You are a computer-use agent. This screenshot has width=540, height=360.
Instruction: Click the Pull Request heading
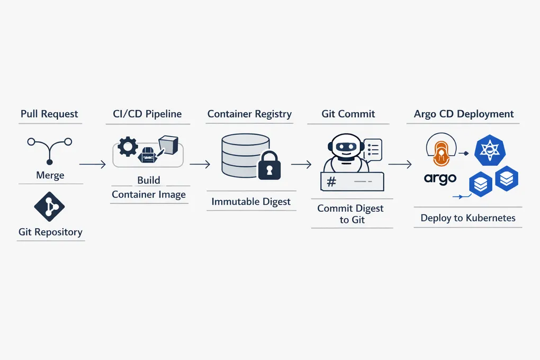pyautogui.click(x=49, y=114)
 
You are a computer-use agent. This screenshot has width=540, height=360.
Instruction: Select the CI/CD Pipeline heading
pyautogui.click(x=147, y=114)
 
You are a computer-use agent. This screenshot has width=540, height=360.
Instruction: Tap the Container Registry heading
pyautogui.click(x=249, y=114)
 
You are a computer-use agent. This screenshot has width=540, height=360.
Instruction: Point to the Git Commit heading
pyautogui.click(x=348, y=114)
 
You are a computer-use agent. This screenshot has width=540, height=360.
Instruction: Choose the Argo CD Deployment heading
pyautogui.click(x=464, y=114)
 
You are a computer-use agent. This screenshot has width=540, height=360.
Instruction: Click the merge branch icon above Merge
pyautogui.click(x=49, y=149)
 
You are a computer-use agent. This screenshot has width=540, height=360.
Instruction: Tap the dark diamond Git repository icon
pyautogui.click(x=49, y=206)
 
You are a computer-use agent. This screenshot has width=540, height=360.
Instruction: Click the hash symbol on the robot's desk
pyautogui.click(x=332, y=182)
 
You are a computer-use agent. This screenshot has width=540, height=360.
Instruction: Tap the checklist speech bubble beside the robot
pyautogui.click(x=373, y=149)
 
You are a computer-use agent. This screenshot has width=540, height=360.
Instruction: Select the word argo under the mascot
pyautogui.click(x=440, y=178)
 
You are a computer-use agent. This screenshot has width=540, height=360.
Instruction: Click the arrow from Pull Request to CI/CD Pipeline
pyautogui.click(x=92, y=165)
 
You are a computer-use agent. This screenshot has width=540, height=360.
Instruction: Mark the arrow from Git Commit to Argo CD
pyautogui.click(x=400, y=165)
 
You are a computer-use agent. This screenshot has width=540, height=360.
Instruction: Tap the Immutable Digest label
pyautogui.click(x=250, y=202)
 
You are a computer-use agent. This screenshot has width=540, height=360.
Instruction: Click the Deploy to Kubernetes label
pyautogui.click(x=468, y=218)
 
